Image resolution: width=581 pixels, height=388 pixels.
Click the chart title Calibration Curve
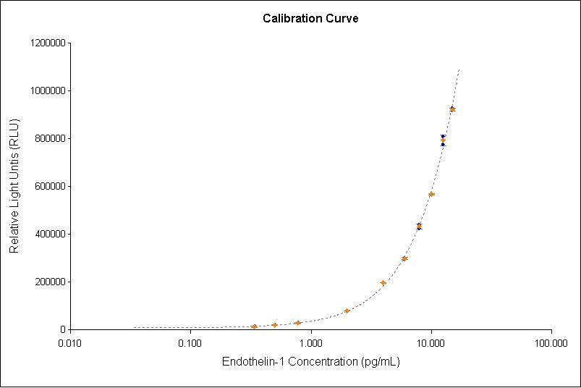point(310,18)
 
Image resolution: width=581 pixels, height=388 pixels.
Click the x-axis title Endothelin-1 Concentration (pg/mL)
point(310,361)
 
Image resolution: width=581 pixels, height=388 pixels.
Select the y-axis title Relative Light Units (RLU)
point(14,186)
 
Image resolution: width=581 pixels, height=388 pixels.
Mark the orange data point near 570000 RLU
point(431,194)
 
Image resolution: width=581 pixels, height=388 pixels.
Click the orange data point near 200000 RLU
point(383,283)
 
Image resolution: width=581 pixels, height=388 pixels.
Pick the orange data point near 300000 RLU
point(404,258)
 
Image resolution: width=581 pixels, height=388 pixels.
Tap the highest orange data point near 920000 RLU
point(452,110)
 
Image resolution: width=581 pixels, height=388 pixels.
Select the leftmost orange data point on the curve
point(254,326)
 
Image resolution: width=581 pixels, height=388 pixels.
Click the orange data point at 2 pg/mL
point(347,311)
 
